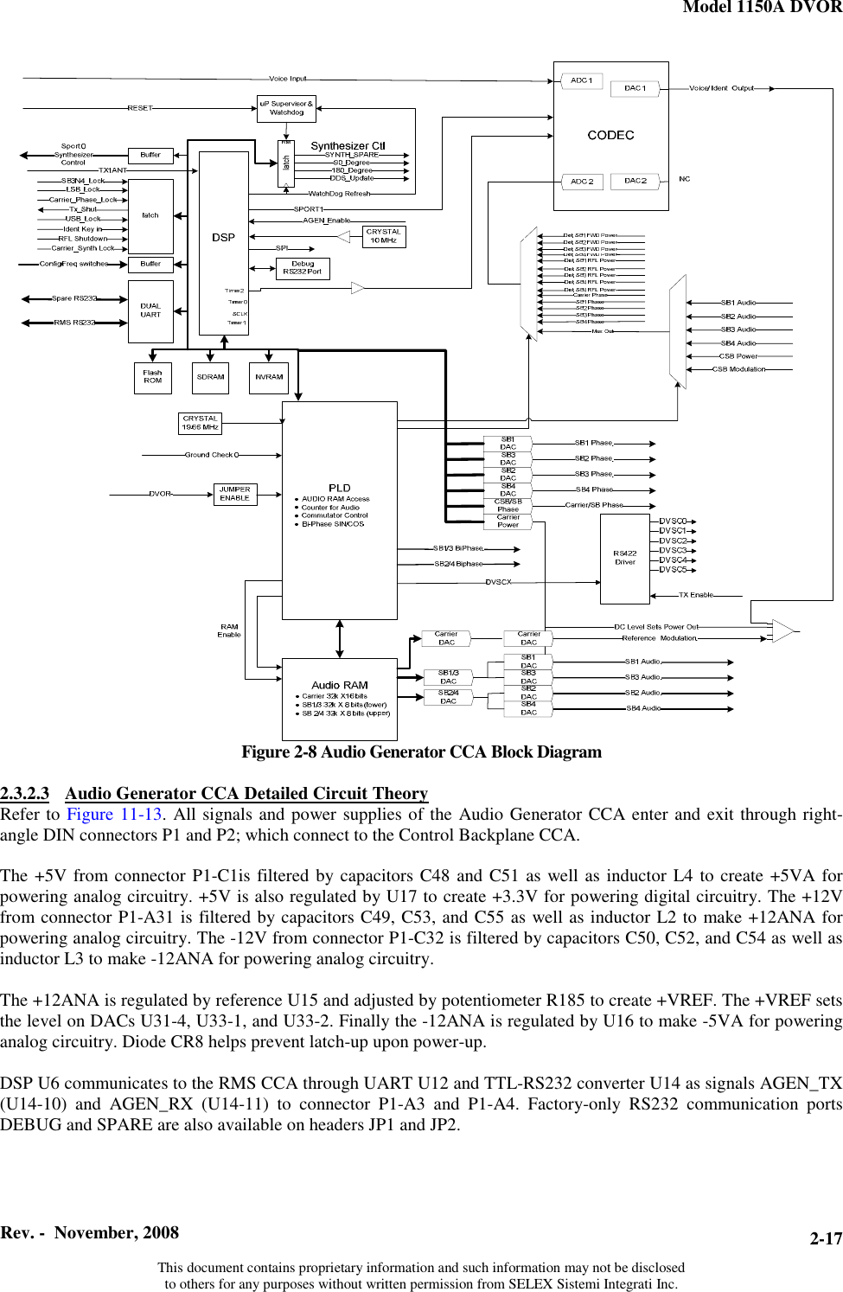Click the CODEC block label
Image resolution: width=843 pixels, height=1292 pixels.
(x=610, y=135)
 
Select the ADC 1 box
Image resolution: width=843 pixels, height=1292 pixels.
(x=582, y=80)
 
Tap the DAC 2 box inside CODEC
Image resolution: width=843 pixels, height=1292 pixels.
(x=635, y=181)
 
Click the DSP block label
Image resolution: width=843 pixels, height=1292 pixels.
(x=223, y=237)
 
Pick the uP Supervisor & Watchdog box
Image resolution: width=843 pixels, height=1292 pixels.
(x=286, y=108)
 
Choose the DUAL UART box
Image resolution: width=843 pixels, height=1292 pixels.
(x=150, y=310)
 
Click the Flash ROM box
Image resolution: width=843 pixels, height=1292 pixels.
(x=152, y=377)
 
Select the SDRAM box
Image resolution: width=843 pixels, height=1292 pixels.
(x=211, y=377)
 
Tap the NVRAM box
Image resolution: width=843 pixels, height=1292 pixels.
(x=269, y=377)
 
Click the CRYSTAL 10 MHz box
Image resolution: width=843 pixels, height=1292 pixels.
(x=383, y=235)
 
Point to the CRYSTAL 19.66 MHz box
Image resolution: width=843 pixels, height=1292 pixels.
(x=200, y=423)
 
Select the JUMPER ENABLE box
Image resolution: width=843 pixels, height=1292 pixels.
(x=234, y=494)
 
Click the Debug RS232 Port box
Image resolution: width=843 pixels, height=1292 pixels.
(x=302, y=268)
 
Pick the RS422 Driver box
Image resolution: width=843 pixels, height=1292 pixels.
(x=624, y=558)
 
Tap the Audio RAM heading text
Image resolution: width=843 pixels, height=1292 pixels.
(x=339, y=685)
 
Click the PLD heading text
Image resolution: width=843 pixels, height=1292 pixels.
(x=339, y=488)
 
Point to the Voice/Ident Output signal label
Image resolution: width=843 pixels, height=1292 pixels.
(x=721, y=88)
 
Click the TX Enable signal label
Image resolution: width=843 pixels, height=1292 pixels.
(x=696, y=595)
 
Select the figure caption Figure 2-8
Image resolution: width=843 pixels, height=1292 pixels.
(x=421, y=752)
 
